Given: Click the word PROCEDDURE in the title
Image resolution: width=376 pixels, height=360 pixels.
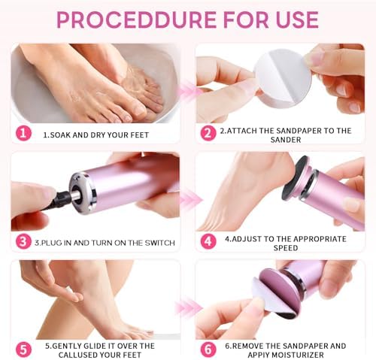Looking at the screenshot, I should (132, 18).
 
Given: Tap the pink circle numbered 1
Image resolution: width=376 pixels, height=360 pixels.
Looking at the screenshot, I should (24, 133).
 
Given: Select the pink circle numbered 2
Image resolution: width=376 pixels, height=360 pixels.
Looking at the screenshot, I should (208, 133).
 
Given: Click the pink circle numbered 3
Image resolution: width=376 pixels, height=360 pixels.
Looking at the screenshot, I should (24, 241).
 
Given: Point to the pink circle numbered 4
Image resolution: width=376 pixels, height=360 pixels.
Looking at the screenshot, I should (208, 241).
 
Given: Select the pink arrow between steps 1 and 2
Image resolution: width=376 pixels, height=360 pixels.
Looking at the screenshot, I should (188, 92).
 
